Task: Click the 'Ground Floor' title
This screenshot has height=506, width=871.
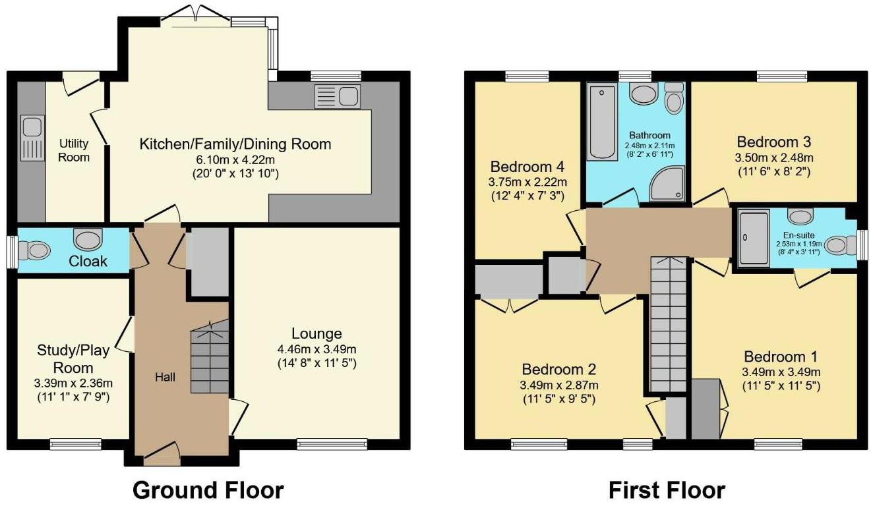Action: pos(208,490)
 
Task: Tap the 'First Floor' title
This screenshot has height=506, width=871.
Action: pos(666,490)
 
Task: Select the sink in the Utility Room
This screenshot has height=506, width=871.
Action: pos(30,137)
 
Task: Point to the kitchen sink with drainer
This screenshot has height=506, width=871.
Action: pos(337,97)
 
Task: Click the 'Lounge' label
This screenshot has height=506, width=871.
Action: pos(318,334)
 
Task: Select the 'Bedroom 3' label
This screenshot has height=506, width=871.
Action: pos(773,142)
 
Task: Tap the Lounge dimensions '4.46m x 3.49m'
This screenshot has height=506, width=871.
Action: pos(318,349)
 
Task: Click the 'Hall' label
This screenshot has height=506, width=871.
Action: pos(166,377)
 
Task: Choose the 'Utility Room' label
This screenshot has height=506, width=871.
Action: pos(74,150)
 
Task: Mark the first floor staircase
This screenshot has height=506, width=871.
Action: pos(669,323)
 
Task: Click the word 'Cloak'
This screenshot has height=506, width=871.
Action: pos(88,262)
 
